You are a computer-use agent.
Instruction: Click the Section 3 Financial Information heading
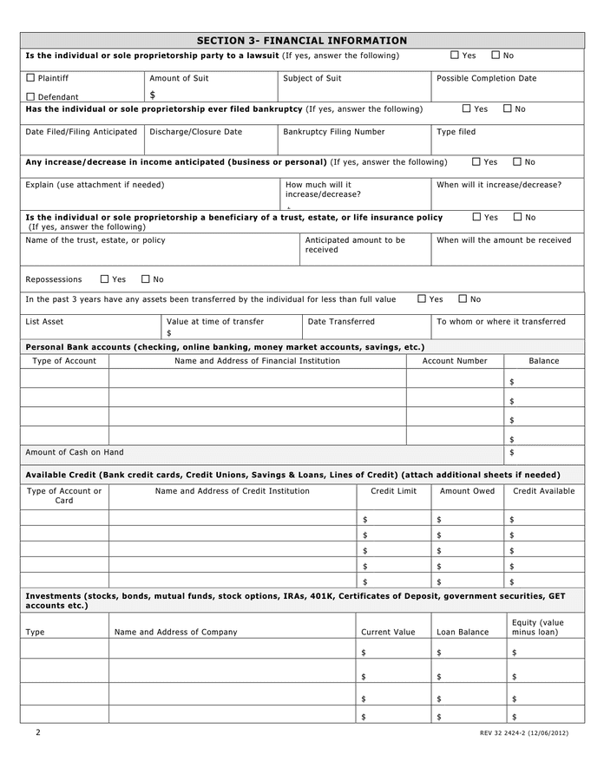click(x=302, y=40)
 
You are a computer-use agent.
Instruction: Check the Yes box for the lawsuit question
click(x=455, y=56)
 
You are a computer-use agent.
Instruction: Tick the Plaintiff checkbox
click(x=30, y=78)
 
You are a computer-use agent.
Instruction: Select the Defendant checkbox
click(x=30, y=97)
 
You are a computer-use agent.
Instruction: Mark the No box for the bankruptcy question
click(x=508, y=109)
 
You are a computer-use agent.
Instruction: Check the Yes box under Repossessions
click(x=105, y=279)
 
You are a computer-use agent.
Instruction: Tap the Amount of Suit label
click(x=179, y=78)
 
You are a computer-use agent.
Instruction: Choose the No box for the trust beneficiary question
click(x=518, y=217)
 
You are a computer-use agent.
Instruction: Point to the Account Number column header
click(x=455, y=361)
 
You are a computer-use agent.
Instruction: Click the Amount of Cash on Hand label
click(x=75, y=452)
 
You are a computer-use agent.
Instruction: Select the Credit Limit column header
click(x=393, y=491)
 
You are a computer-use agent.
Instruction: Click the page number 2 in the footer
click(x=38, y=732)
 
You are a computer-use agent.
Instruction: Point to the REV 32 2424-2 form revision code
click(x=523, y=734)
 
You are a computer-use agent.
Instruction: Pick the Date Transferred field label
click(x=341, y=321)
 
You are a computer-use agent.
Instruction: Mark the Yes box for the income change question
click(x=476, y=162)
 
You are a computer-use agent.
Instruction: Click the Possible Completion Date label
click(x=486, y=78)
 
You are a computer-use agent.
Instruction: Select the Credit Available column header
click(x=544, y=491)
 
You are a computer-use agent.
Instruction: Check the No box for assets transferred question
click(x=463, y=299)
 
